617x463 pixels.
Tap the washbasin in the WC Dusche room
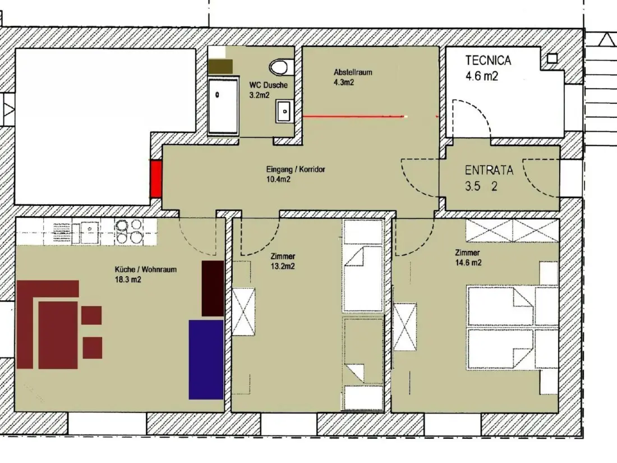[x=284, y=112]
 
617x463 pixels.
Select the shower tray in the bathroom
[x=223, y=106]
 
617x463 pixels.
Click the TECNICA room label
[x=489, y=60]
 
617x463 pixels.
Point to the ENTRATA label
[x=489, y=170]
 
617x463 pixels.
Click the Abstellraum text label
[x=353, y=72]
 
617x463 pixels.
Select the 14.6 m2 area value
[x=468, y=263]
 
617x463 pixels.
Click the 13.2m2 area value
[x=283, y=266]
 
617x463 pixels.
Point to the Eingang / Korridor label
[x=296, y=169]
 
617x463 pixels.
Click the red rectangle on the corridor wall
[x=156, y=179]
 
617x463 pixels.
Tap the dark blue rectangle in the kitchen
[x=206, y=359]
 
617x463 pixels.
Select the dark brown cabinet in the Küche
[x=213, y=288]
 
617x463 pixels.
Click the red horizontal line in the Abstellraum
[x=354, y=116]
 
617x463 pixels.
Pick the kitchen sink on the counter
[x=85, y=232]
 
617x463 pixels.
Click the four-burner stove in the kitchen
[x=128, y=231]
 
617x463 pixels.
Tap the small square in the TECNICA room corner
[x=552, y=59]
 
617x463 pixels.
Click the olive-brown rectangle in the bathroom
[x=220, y=67]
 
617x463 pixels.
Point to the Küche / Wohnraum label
[x=146, y=270]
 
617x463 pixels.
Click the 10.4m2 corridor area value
[x=279, y=180]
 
